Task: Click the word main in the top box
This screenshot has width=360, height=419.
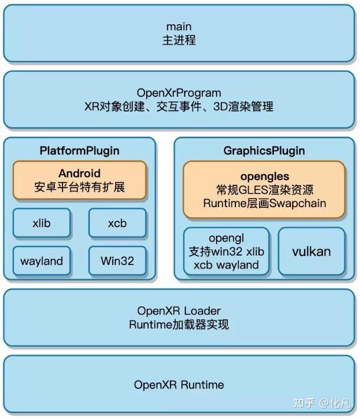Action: click(179, 27)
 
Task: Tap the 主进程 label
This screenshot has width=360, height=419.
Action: click(179, 41)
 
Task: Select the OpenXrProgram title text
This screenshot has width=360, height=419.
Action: click(179, 93)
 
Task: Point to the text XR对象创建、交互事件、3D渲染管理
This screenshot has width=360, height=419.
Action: click(179, 107)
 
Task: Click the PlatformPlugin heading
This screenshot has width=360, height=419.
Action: click(79, 150)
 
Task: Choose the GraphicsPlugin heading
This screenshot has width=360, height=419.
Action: click(264, 150)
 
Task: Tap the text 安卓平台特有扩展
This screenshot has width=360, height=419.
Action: click(79, 189)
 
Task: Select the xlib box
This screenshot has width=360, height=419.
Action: click(42, 224)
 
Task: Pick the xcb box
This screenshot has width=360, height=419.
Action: click(117, 224)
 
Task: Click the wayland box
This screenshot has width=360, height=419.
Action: click(41, 261)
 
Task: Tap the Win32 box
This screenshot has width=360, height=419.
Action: click(117, 261)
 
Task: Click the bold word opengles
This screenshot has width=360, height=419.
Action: click(264, 176)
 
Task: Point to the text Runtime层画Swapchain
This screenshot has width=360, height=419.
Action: click(264, 204)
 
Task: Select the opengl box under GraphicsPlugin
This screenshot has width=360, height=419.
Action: click(227, 251)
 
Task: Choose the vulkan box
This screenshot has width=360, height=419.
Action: click(311, 251)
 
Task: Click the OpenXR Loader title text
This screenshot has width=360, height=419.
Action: click(179, 311)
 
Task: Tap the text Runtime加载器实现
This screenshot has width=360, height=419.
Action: click(179, 325)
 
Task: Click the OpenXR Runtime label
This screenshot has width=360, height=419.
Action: click(179, 385)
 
